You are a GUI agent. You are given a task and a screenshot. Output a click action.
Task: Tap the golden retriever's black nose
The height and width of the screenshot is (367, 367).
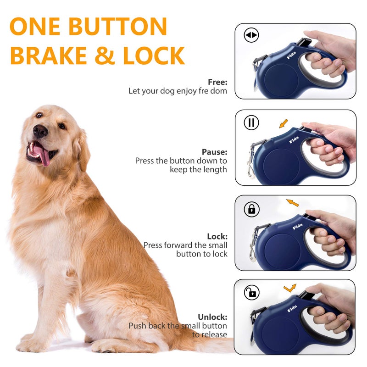[x=40, y=132]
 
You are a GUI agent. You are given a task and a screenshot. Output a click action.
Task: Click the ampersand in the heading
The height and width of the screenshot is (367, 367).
[x=105, y=56]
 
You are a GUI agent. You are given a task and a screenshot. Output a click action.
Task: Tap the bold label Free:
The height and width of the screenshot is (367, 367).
[x=217, y=82]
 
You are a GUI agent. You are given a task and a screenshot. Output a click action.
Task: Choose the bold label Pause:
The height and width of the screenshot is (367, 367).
[x=214, y=152]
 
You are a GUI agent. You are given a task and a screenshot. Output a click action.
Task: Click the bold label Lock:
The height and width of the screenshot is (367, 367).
[x=217, y=236]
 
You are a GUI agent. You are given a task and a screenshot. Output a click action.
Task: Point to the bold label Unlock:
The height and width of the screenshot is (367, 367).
[x=212, y=317]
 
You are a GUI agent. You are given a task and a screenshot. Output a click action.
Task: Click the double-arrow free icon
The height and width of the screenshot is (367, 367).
[x=251, y=35]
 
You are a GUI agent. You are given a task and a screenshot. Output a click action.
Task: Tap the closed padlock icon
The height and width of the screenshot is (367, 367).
[x=251, y=210]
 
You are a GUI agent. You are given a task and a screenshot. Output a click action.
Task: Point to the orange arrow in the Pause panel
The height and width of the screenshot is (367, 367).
[x=284, y=123]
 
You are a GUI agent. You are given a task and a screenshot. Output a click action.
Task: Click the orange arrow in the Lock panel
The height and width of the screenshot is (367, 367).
[x=292, y=202]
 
